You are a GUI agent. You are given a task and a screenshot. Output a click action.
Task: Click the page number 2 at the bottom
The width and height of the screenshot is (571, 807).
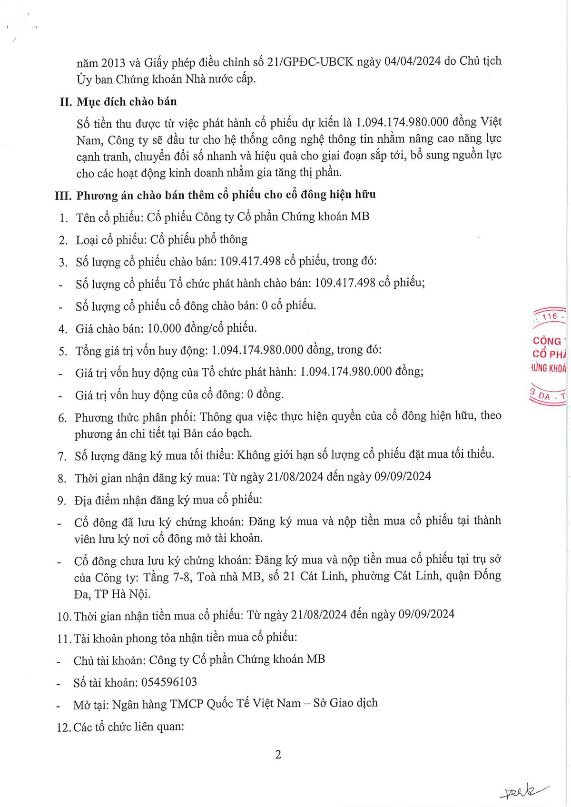(x=278, y=755)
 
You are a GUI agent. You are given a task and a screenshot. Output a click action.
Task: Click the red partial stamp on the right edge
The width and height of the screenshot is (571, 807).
(x=550, y=357)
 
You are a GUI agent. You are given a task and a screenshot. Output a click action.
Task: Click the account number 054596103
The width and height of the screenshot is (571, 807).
(x=169, y=682)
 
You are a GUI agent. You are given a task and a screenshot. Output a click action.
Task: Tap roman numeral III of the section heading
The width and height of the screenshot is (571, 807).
(x=63, y=195)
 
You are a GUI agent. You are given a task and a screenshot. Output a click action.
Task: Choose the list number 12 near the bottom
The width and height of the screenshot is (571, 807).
(x=63, y=728)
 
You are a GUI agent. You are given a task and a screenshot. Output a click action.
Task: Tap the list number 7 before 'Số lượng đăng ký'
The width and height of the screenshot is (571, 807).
(x=62, y=456)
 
